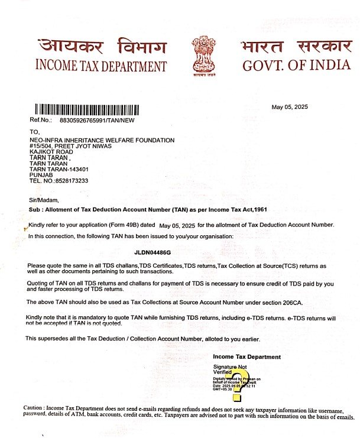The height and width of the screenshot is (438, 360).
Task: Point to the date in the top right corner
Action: pyautogui.click(x=290, y=107)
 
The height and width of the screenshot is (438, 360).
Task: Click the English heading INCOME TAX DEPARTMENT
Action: pyautogui.click(x=101, y=66)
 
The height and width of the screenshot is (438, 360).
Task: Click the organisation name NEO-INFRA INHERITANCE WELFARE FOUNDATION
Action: pyautogui.click(x=102, y=140)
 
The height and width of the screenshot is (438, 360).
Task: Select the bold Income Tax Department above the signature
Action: pyautogui.click(x=247, y=357)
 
